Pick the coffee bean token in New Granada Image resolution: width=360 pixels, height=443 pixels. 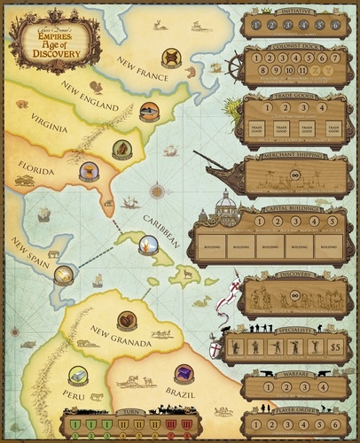[x=127, y=321]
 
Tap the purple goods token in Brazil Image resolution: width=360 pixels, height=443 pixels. [x=184, y=374]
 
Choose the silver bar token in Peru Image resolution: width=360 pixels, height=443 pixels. [x=78, y=376]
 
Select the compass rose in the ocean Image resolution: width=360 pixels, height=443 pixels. [x=157, y=189]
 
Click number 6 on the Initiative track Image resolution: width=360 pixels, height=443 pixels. [x=334, y=26]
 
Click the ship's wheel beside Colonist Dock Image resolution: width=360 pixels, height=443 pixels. [x=233, y=69]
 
